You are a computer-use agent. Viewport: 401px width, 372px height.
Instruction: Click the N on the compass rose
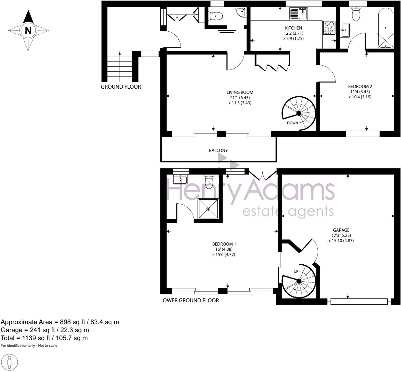28,30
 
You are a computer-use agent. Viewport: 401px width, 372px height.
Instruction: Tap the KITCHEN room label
293,28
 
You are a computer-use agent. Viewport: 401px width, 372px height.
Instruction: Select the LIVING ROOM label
240,92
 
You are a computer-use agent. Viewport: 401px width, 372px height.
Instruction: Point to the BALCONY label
218,151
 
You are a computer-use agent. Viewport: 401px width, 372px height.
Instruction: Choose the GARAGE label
341,230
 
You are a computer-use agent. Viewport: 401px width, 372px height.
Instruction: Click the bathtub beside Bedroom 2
385,27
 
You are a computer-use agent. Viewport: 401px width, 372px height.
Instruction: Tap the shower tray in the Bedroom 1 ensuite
208,209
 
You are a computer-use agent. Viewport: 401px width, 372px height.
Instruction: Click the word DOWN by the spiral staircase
293,123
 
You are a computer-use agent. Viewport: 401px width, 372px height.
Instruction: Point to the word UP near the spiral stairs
296,271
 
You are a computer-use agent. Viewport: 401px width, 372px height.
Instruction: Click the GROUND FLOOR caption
121,87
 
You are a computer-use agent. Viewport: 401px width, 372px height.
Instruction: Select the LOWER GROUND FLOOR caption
189,300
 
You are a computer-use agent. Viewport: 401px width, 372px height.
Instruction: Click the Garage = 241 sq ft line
45,330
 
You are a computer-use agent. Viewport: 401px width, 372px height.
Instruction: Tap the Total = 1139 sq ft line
44,338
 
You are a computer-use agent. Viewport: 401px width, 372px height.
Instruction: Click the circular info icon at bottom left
9,362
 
